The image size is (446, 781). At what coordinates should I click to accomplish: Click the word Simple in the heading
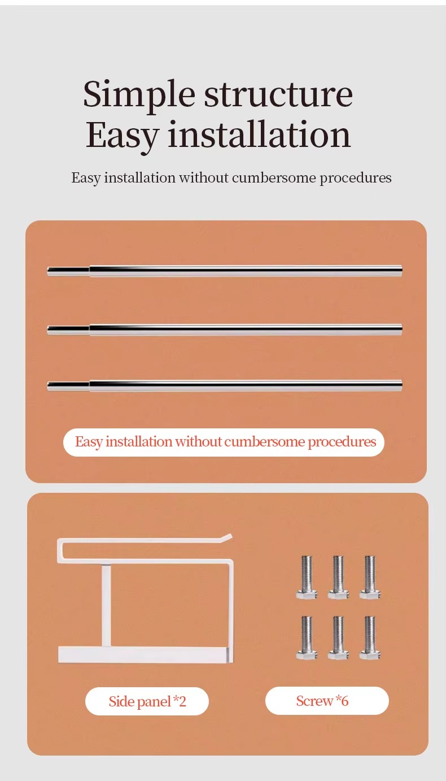(139, 95)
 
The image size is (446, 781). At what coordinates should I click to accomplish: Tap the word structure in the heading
(278, 94)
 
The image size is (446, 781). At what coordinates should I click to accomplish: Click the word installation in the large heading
(259, 134)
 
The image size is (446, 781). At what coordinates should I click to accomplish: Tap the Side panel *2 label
(147, 701)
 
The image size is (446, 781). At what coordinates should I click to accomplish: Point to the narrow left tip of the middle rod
(49, 330)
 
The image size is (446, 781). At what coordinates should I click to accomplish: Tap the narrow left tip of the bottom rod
(49, 386)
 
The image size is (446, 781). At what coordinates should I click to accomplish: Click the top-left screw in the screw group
(307, 577)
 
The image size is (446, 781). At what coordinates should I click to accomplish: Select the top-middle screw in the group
(338, 577)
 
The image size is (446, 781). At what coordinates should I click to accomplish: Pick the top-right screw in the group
(370, 577)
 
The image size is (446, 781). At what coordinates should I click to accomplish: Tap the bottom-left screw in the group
(307, 637)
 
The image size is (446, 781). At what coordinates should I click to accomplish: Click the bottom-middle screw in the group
(338, 637)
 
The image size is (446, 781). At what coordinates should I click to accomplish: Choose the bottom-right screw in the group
(370, 637)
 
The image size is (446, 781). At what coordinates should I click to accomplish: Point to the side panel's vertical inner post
(107, 606)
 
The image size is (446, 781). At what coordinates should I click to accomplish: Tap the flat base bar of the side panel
(145, 655)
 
